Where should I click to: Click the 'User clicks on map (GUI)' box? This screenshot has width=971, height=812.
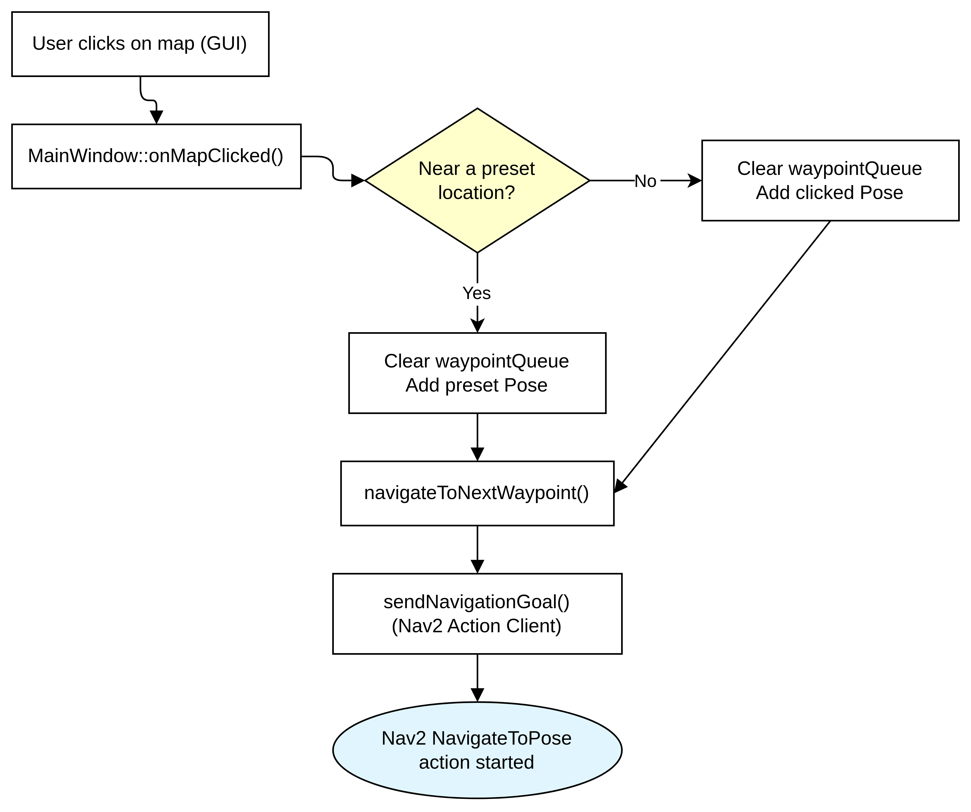140,44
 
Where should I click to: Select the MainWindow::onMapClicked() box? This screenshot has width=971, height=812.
156,156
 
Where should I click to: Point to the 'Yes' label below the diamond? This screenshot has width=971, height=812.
477,293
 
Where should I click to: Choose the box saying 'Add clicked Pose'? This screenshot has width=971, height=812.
830,180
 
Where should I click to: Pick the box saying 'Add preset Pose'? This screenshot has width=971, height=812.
477,373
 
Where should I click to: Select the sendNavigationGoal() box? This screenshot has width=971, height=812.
477,614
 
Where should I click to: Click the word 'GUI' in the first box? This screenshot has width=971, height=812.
223,44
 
